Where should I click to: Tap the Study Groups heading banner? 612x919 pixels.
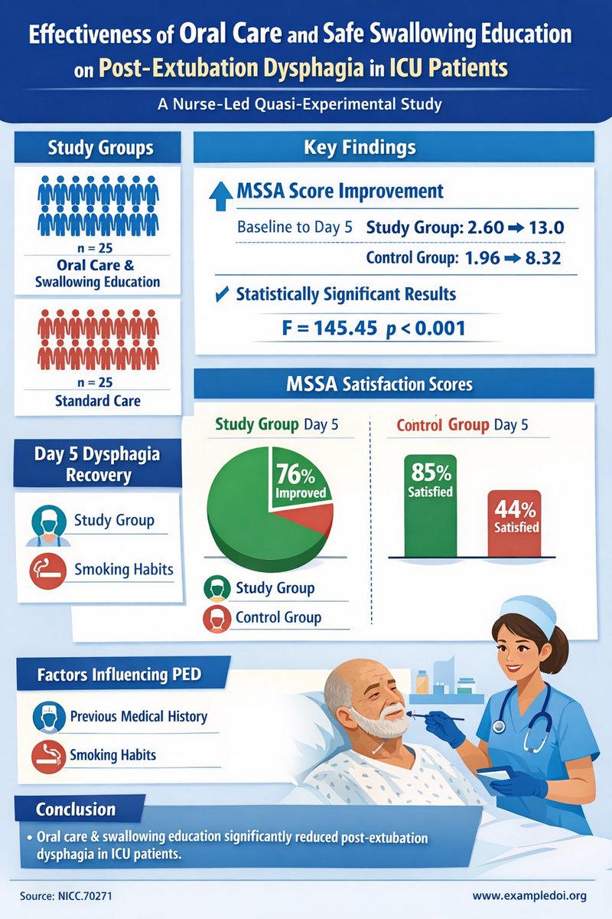coord(100,147)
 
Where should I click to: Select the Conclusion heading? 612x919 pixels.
coord(76,809)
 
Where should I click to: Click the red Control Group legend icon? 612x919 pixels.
coord(216,617)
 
